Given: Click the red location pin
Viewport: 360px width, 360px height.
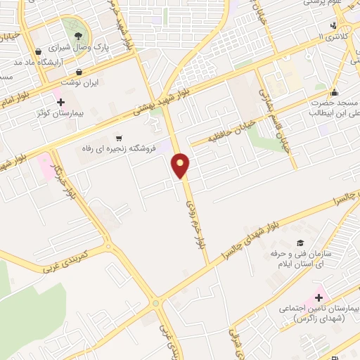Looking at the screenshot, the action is tap(181, 165).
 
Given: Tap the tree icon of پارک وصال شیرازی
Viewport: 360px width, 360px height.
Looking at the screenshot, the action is tap(77, 37).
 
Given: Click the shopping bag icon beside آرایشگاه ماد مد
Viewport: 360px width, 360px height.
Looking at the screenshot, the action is tap(38, 51).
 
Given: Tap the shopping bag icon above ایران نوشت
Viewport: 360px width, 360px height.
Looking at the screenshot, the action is tap(79, 72).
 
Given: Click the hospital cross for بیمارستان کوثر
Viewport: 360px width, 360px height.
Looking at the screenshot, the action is tap(60, 102).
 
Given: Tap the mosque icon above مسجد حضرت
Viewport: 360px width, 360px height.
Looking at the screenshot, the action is tap(335, 92).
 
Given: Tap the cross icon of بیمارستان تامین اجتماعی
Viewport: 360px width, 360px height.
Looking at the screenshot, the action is tap(319, 297).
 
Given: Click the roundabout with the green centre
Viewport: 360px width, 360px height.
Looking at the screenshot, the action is tap(109, 247).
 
